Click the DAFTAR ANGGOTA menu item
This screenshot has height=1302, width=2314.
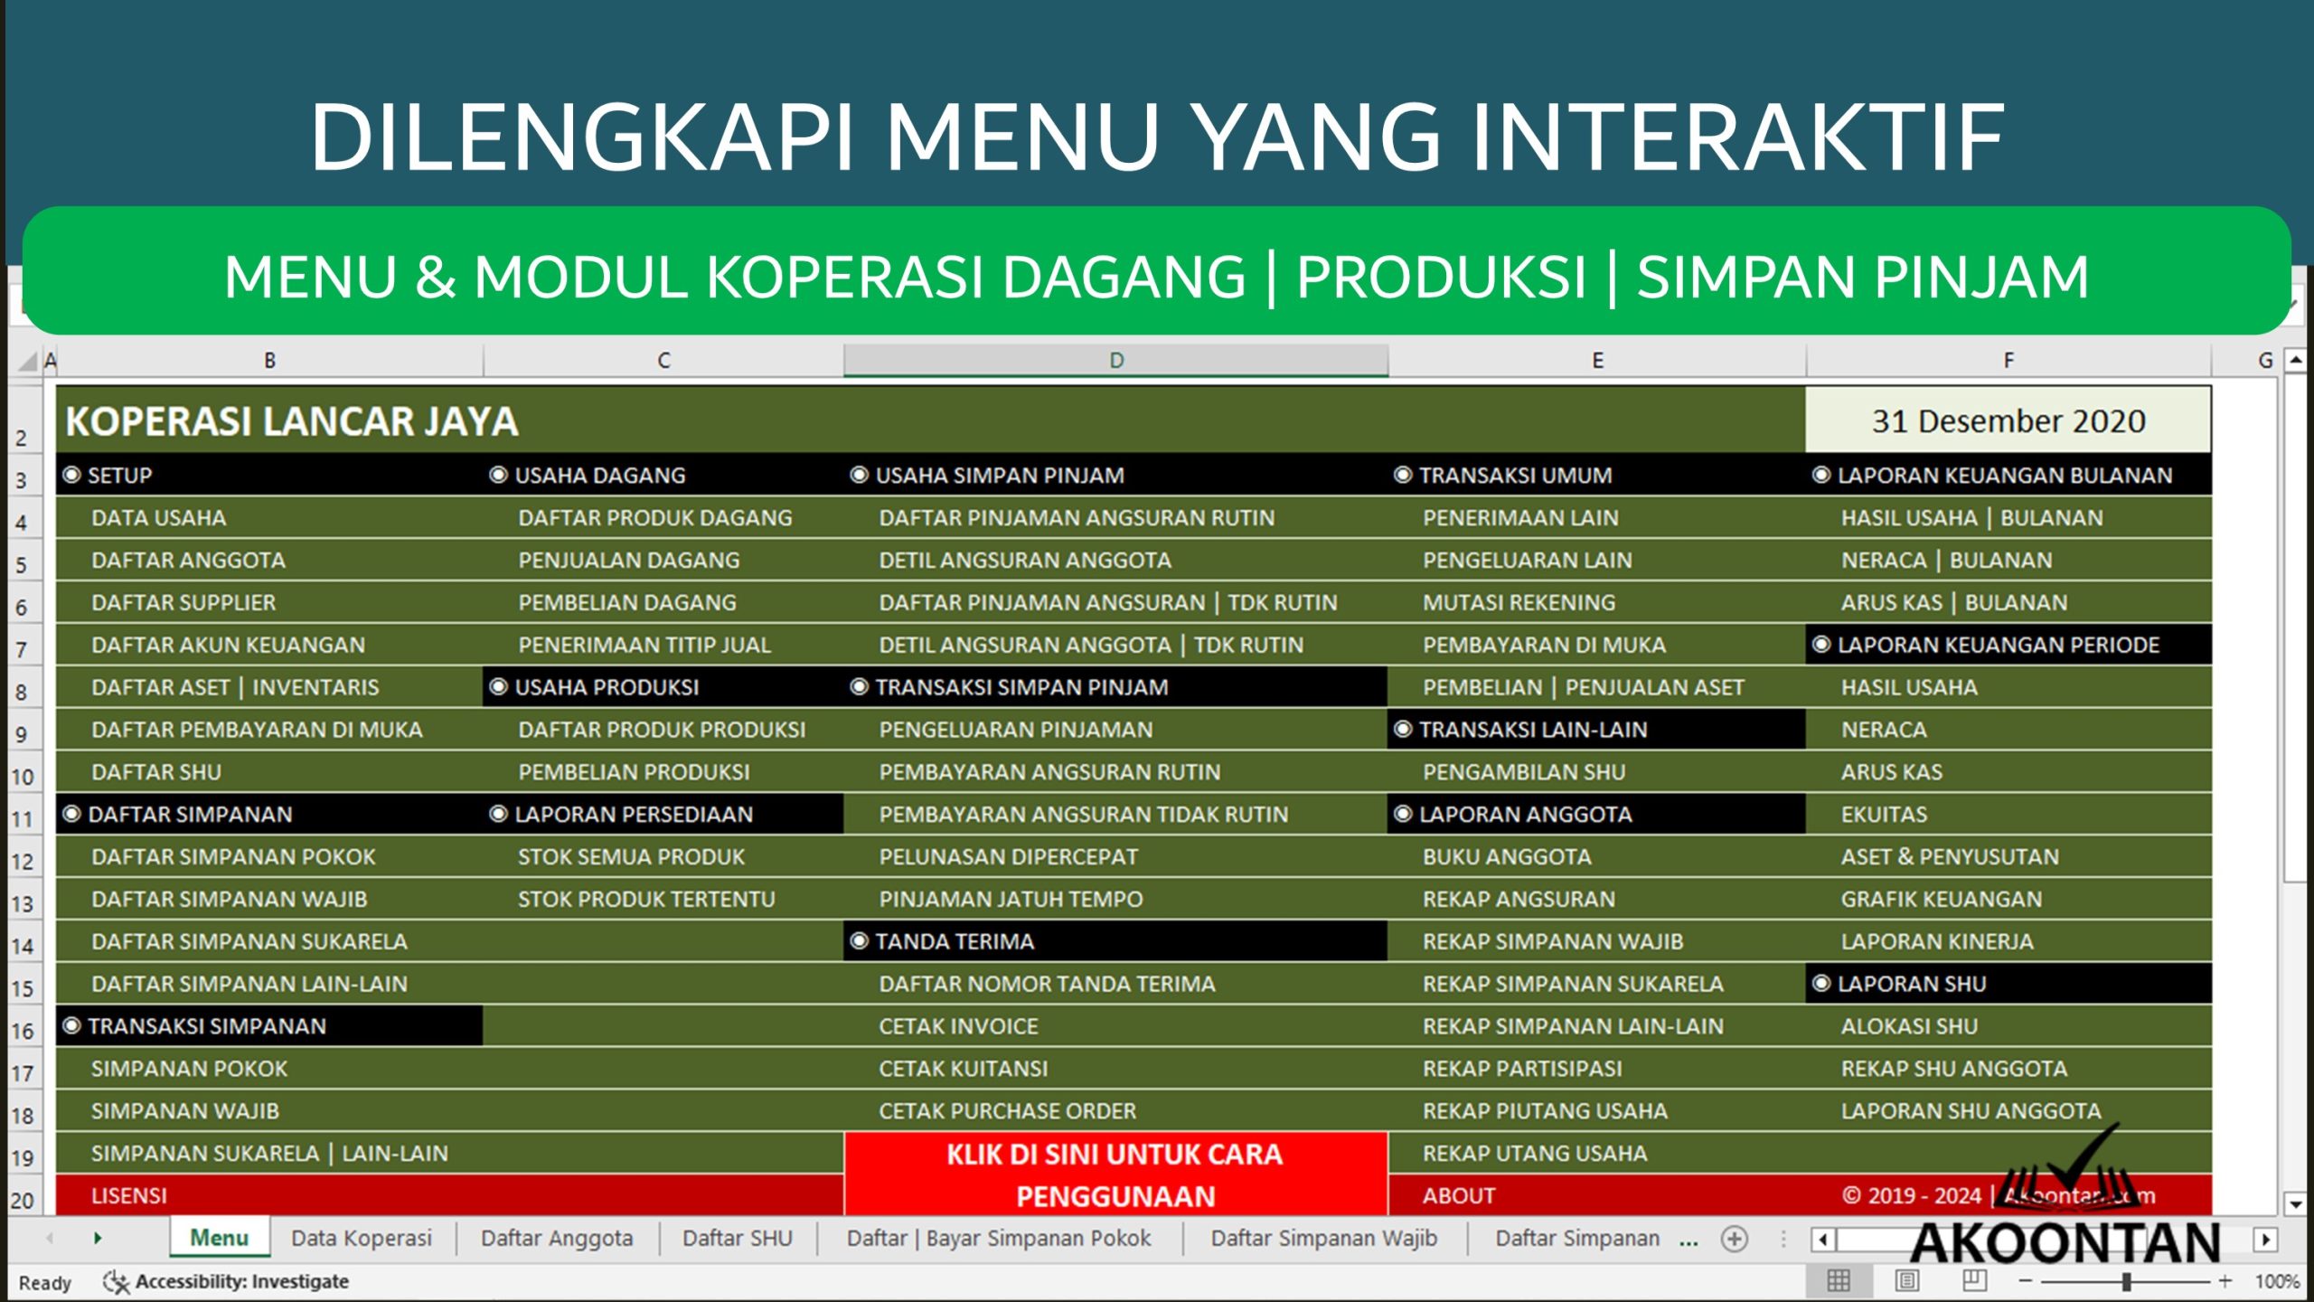coord(188,561)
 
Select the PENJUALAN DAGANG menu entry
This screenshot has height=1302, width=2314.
coord(628,561)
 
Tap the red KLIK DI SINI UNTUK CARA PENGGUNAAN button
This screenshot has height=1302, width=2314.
coord(1115,1175)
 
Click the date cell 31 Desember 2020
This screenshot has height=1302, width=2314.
coord(2008,421)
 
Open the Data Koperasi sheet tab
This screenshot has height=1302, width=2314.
coord(362,1238)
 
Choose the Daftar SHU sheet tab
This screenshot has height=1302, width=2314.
coord(737,1238)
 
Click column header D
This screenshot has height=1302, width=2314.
coord(1116,361)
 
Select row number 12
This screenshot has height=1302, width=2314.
coord(22,862)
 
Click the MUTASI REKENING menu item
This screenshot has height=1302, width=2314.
coord(1519,603)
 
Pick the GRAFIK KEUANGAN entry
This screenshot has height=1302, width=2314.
coord(1941,900)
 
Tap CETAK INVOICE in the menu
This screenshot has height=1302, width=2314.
coord(958,1026)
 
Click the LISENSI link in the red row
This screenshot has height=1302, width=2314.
coord(129,1195)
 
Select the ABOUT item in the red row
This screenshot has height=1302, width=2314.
coord(1458,1195)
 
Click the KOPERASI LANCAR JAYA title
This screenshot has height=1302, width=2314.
coord(292,421)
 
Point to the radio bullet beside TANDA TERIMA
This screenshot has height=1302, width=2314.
coord(859,941)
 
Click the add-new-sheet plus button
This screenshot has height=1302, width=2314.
coord(1734,1239)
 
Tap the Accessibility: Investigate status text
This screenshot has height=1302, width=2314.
coord(241,1281)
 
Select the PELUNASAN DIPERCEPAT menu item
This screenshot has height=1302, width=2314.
coord(1008,857)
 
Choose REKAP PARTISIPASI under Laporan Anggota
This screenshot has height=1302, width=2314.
coord(1522,1069)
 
